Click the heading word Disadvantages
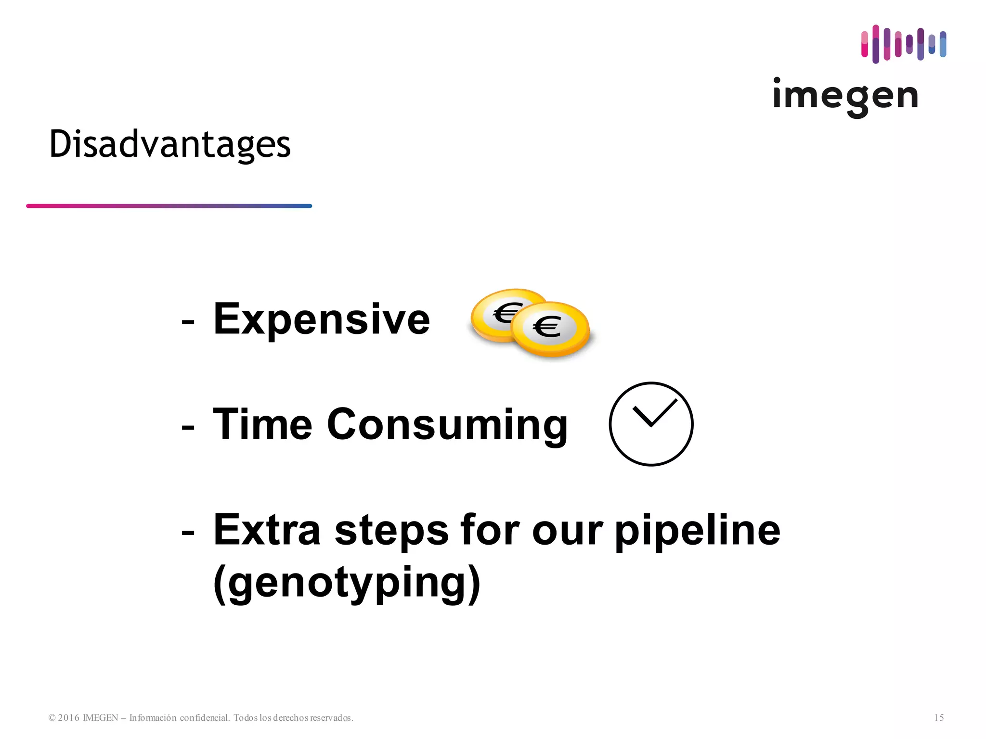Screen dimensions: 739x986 click(x=170, y=144)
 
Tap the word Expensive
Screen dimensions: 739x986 click(x=321, y=319)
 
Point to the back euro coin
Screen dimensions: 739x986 click(x=496, y=313)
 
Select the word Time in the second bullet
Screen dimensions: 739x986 click(x=262, y=424)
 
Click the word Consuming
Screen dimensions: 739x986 click(x=447, y=425)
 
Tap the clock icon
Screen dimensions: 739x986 click(x=651, y=424)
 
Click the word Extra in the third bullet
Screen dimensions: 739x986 click(x=267, y=530)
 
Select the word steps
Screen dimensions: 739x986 click(x=391, y=531)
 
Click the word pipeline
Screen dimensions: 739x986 click(x=698, y=531)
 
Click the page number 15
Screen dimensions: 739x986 click(x=939, y=718)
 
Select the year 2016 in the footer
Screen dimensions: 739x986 click(x=68, y=718)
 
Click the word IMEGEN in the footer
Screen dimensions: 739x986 click(x=100, y=718)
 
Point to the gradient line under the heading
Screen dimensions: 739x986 click(x=169, y=206)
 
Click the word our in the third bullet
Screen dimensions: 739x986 click(x=567, y=531)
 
